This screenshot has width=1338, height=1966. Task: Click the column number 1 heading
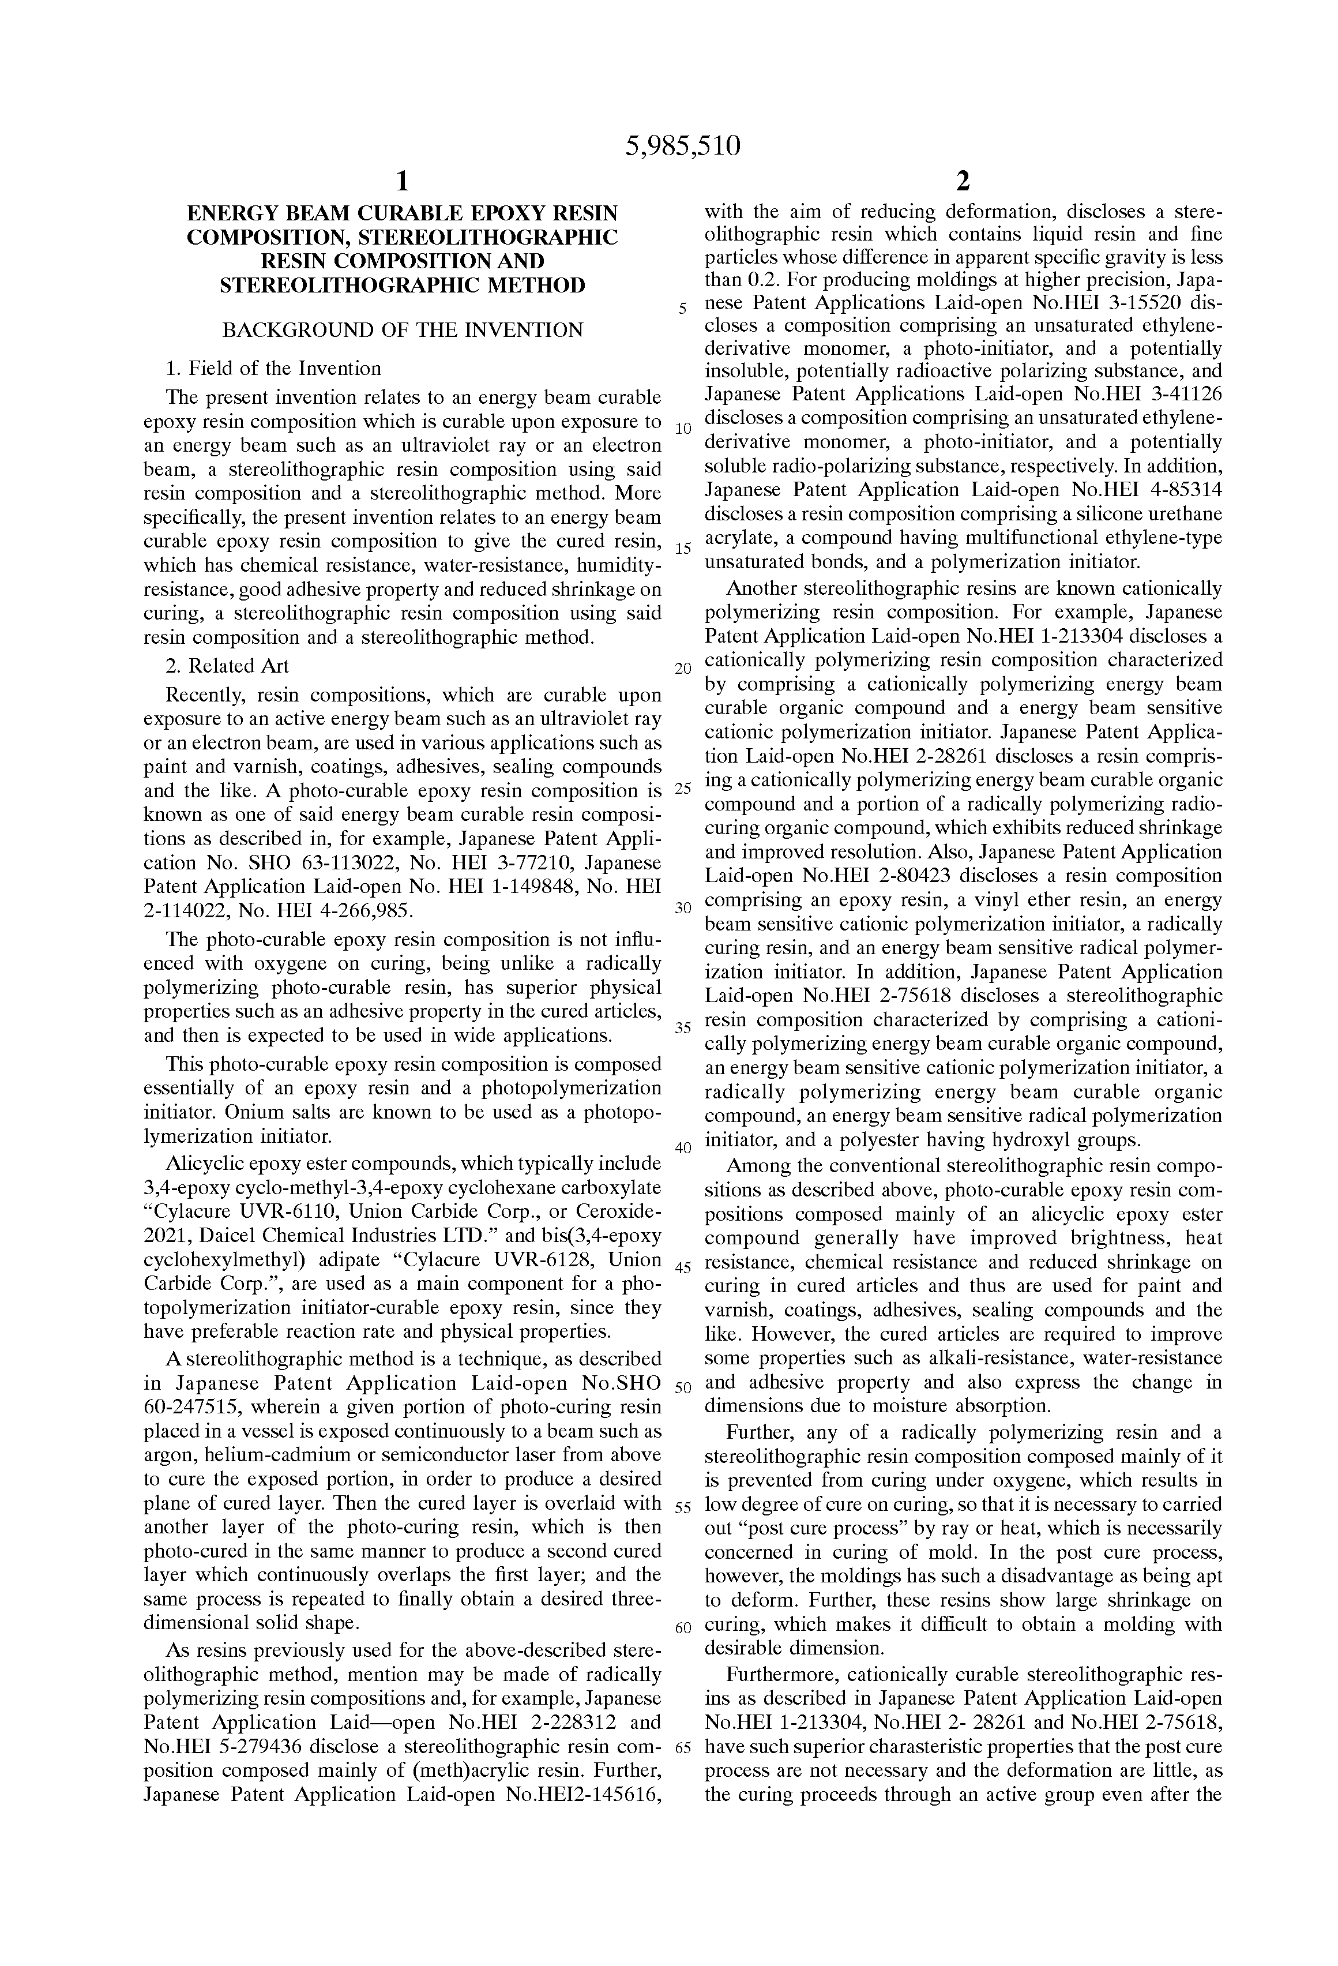(403, 181)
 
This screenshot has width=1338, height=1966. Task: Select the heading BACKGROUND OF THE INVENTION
(403, 330)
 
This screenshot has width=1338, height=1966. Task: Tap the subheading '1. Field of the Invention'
(273, 369)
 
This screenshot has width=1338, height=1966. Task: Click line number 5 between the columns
(682, 309)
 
